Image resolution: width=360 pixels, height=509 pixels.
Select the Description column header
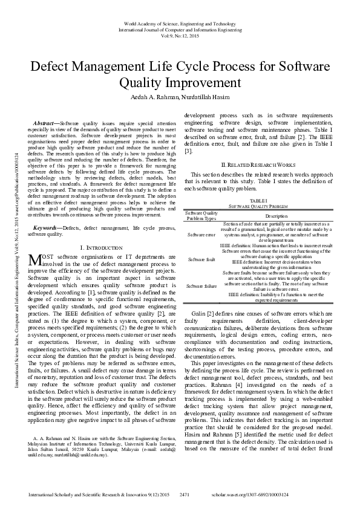pyautogui.click(x=276, y=215)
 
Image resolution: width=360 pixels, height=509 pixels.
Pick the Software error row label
pyautogui.click(x=201, y=234)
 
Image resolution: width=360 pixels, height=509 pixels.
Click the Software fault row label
pyautogui.click(x=201, y=259)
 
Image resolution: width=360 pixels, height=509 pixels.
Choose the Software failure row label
pyautogui.click(x=201, y=285)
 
